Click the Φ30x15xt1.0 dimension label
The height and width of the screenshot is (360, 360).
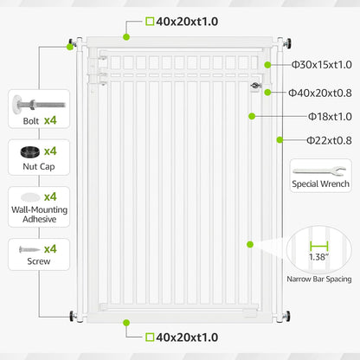point(322,65)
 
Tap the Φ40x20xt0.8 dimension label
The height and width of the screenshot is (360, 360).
point(320,93)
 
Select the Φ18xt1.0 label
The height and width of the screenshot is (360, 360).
point(330,117)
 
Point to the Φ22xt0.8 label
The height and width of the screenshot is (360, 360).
point(329,140)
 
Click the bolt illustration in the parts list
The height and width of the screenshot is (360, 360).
point(39,104)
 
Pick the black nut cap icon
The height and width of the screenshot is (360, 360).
point(30,152)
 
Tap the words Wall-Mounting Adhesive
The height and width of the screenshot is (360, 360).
point(40,215)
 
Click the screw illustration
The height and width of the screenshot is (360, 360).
point(29,249)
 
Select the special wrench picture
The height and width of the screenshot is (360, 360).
point(319,170)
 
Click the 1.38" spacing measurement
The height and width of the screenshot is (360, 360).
point(318,257)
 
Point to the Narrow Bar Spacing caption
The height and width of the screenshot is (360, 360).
point(319,279)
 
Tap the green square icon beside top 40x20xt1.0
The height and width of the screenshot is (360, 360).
point(150,22)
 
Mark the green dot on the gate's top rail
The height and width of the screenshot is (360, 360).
point(126,37)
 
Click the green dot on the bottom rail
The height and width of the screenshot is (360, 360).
point(125,323)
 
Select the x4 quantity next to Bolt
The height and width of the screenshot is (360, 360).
point(50,120)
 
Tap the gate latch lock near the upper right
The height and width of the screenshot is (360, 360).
point(255,86)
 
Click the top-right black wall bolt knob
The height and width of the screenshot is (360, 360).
point(287,43)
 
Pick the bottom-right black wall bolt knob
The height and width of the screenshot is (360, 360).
point(286,317)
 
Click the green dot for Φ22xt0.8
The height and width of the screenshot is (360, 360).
point(280,140)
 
